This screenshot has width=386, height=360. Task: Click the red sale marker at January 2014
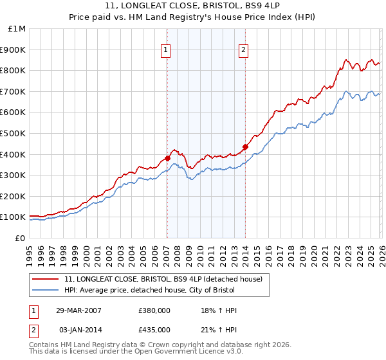click(245, 147)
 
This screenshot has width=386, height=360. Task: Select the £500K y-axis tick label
click(14, 134)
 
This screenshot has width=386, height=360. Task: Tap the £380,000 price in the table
click(154, 310)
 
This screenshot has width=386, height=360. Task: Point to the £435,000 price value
click(154, 330)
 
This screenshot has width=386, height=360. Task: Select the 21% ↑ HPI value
click(219, 330)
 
